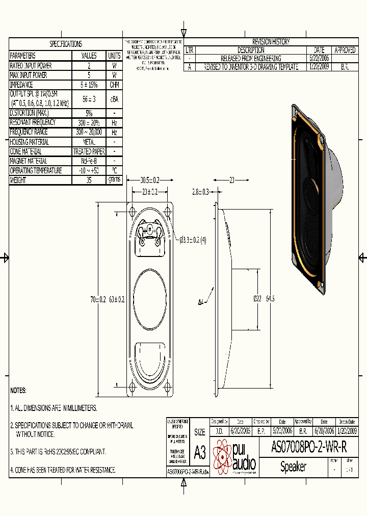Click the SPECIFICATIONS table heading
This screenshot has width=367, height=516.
click(x=65, y=44)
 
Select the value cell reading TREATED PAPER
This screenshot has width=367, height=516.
click(x=89, y=151)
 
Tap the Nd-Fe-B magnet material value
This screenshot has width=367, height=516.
click(x=89, y=161)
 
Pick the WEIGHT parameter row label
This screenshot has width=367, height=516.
click(x=18, y=180)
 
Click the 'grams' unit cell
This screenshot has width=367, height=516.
click(x=114, y=180)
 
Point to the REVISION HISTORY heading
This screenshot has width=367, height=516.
click(x=271, y=42)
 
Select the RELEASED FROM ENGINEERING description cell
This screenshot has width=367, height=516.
click(x=251, y=59)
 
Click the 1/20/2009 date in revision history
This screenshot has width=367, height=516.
click(x=319, y=67)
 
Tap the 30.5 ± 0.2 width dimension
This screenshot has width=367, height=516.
click(x=149, y=180)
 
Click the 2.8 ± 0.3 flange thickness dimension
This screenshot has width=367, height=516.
click(x=200, y=192)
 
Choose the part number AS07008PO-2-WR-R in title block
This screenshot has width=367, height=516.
click(x=309, y=448)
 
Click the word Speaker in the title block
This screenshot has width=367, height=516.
click(x=293, y=467)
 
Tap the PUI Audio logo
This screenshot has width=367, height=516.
click(x=235, y=456)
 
